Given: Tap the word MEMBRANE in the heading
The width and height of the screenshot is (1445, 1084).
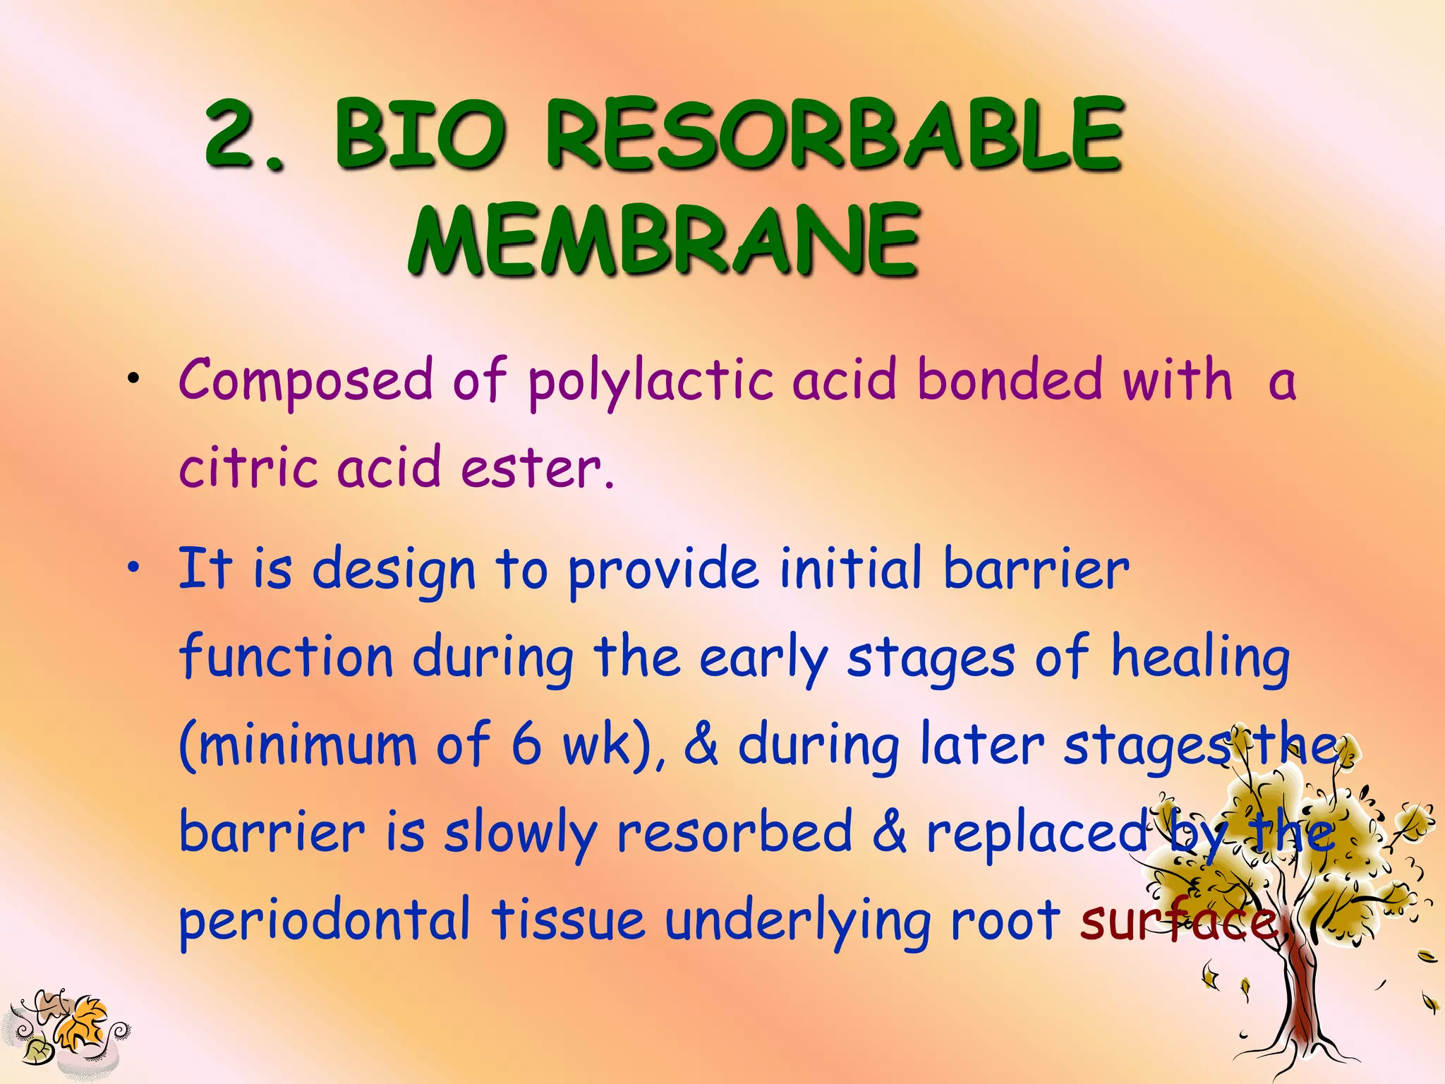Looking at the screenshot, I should (663, 240).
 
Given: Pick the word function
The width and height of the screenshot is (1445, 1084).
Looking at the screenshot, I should (286, 658).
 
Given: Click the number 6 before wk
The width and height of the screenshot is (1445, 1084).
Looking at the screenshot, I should (526, 745).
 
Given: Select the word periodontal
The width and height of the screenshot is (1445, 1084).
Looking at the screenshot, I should (325, 921).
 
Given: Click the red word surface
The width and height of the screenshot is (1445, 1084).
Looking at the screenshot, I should (1178, 921).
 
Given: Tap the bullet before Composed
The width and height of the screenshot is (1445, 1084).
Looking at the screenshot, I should (132, 381).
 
